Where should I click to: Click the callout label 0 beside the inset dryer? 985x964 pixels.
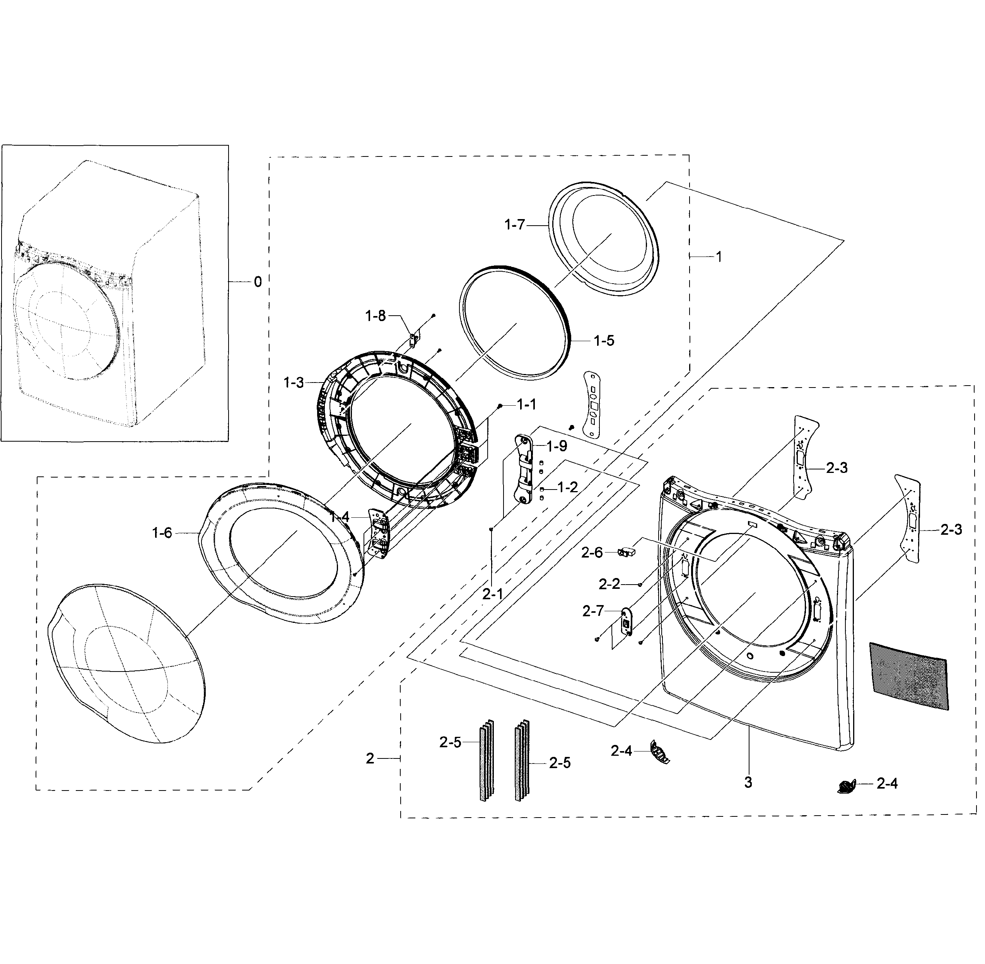(258, 282)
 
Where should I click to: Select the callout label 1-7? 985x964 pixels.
(514, 225)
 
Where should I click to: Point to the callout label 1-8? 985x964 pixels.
(376, 316)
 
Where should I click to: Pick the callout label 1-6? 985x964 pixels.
(162, 533)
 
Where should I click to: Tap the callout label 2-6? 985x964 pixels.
(592, 553)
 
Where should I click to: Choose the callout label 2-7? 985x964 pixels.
(593, 611)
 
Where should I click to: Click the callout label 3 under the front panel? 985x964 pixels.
(748, 782)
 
